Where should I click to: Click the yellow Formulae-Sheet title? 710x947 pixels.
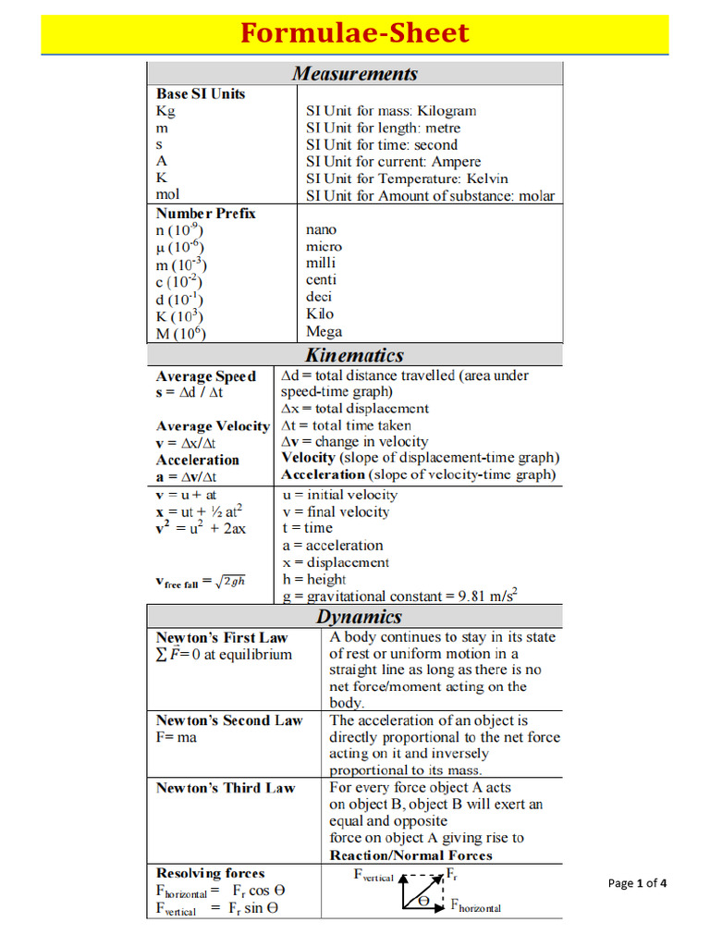point(355,33)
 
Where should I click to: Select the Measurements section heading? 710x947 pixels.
point(355,73)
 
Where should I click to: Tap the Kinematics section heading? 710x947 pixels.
point(355,355)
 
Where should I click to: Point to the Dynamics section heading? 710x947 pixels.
point(360,617)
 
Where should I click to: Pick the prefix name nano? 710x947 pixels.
point(321,229)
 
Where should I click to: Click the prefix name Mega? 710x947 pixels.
point(324,331)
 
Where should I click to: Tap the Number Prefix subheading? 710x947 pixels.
point(206,214)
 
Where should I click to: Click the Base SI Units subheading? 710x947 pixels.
point(201,93)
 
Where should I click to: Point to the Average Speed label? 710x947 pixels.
point(206,376)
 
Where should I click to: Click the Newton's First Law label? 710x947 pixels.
point(222,637)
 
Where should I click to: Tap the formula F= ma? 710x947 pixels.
point(177,737)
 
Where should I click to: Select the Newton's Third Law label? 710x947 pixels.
point(226,788)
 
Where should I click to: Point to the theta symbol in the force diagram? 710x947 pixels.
point(422,899)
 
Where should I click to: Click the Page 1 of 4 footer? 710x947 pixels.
point(637,883)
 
